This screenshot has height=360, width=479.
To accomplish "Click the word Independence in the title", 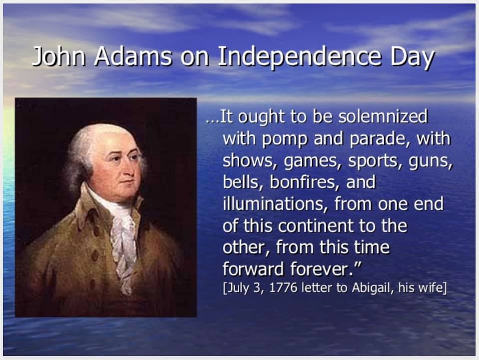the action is point(299,57).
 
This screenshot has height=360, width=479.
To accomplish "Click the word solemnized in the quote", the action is point(383,116).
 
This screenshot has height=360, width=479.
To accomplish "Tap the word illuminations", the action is point(273,203).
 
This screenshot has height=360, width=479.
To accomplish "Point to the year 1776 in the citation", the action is point(284,288).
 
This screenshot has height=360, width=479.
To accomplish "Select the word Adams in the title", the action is point(133,56).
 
